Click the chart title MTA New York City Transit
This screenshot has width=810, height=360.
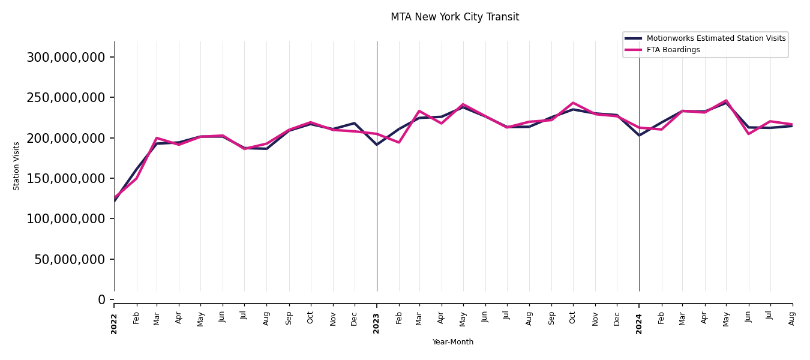[x=455, y=17]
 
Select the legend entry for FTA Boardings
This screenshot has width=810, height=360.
[x=673, y=50]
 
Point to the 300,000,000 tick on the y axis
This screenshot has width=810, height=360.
[x=65, y=57]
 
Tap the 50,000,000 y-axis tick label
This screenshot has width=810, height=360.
[x=69, y=259]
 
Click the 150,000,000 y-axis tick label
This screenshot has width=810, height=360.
[x=65, y=178]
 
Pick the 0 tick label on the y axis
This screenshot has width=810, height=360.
[x=101, y=299]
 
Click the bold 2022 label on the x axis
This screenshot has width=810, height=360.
[x=114, y=323]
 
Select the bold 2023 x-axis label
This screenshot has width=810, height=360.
[x=377, y=323]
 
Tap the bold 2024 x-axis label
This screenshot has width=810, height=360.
[x=639, y=323]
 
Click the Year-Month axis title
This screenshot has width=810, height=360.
[x=453, y=342]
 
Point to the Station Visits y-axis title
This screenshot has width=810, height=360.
[x=17, y=166]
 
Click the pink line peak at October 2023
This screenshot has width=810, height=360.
[x=573, y=103]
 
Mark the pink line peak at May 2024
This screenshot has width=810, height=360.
[x=726, y=100]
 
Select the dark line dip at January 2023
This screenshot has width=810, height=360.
[x=377, y=145]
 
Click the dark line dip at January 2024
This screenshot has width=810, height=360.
[x=639, y=136]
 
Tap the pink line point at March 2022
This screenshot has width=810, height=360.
[x=157, y=138]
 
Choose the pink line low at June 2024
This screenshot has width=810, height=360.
[x=748, y=134]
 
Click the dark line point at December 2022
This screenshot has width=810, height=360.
[x=355, y=123]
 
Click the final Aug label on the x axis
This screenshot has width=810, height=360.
[x=792, y=318]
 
